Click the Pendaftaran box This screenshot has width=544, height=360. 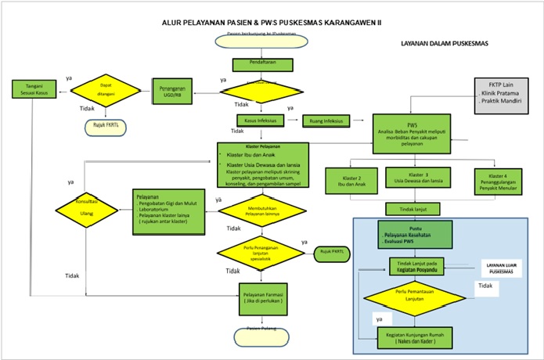(x=263, y=65)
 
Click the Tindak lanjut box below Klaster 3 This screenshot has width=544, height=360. (x=412, y=209)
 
